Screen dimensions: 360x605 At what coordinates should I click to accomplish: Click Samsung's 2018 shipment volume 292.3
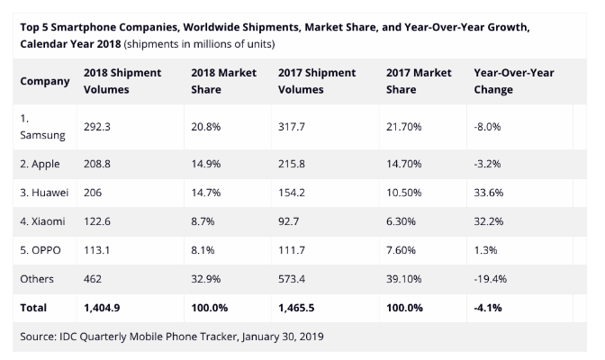[x=97, y=128]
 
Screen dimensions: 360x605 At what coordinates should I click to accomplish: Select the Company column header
[x=45, y=81]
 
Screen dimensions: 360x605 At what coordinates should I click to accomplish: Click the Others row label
[x=37, y=280]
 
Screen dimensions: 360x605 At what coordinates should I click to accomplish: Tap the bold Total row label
[x=33, y=308]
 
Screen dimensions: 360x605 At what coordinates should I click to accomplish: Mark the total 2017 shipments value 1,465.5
[x=300, y=308]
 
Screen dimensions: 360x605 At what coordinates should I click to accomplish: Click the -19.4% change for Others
[x=490, y=280]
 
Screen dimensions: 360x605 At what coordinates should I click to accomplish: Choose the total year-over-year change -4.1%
[x=488, y=308]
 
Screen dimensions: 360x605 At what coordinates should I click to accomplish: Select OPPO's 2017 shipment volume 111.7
[x=294, y=251]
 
